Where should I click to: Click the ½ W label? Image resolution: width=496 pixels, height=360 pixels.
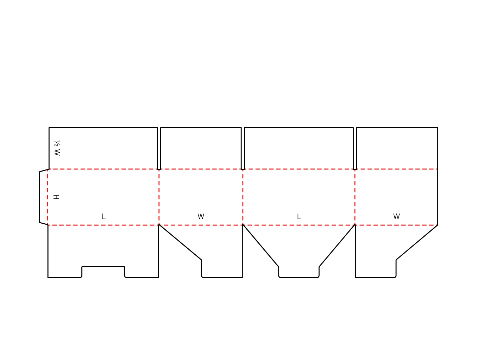click(57, 148)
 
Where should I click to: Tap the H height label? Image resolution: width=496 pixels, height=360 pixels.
click(56, 197)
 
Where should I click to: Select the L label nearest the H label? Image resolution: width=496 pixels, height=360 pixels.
click(103, 216)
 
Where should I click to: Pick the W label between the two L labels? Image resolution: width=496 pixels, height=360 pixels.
click(201, 216)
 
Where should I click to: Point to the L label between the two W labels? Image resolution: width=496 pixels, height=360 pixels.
click(299, 216)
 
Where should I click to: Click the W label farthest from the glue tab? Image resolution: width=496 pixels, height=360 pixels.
click(396, 216)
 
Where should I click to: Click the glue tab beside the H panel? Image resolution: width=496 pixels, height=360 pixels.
click(44, 197)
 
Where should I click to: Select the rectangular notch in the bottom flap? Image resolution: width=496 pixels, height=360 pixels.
click(103, 272)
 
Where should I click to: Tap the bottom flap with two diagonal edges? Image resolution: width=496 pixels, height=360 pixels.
click(299, 251)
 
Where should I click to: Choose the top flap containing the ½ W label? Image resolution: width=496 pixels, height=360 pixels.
click(103, 148)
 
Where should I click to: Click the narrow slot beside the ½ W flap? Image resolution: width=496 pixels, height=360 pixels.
click(159, 148)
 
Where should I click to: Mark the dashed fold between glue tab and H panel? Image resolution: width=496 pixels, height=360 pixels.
click(48, 197)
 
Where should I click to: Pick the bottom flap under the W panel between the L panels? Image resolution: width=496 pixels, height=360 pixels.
click(200, 251)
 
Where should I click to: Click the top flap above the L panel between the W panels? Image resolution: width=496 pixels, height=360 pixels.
click(299, 148)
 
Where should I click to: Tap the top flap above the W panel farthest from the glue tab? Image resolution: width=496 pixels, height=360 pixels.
click(397, 148)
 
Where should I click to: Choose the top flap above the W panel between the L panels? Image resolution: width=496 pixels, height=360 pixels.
click(201, 148)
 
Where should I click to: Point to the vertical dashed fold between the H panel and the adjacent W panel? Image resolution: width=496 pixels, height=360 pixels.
click(159, 197)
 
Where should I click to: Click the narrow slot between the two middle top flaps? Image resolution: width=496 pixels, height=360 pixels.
click(243, 148)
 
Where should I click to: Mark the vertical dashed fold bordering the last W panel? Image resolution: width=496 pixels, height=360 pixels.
click(355, 197)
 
